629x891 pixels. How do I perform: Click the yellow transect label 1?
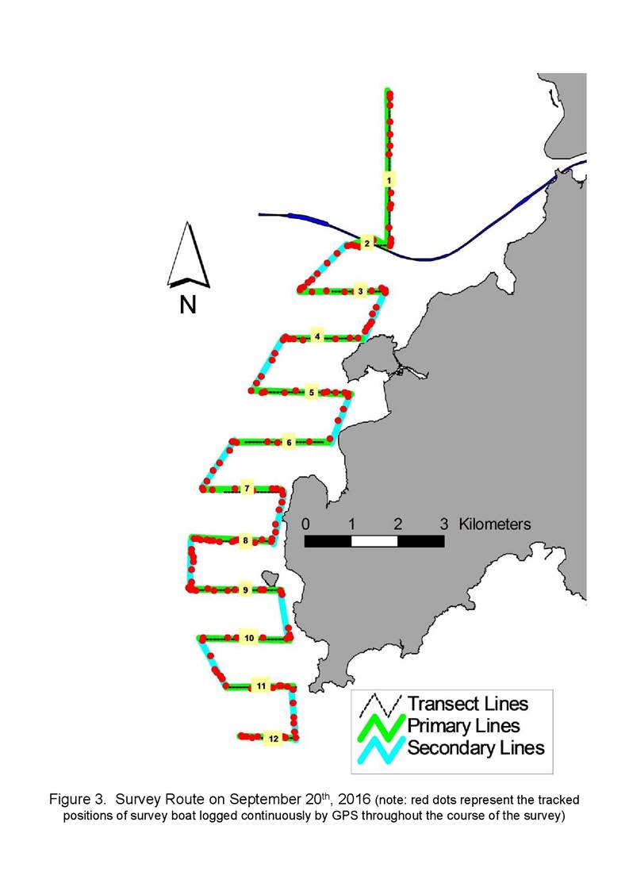tap(389, 181)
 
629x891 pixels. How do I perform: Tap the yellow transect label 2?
tap(367, 244)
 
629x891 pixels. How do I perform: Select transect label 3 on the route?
tap(360, 291)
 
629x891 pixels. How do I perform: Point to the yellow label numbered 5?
tap(312, 393)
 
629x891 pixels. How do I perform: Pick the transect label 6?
tap(289, 442)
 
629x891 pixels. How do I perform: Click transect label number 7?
tap(247, 489)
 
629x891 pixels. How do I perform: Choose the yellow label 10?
tap(249, 638)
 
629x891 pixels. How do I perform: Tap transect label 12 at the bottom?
tap(274, 739)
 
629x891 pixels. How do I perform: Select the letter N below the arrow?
tap(188, 305)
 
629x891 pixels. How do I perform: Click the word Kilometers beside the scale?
tap(494, 524)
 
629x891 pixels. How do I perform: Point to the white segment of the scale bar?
tap(374, 541)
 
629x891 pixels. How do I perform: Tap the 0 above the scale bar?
tap(305, 524)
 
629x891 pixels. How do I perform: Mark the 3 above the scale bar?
tap(443, 524)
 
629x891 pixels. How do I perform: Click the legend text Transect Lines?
tap(468, 704)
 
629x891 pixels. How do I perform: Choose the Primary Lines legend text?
tap(464, 726)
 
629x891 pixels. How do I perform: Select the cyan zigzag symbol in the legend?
tap(382, 750)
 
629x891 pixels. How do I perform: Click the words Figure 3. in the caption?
tap(77, 800)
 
